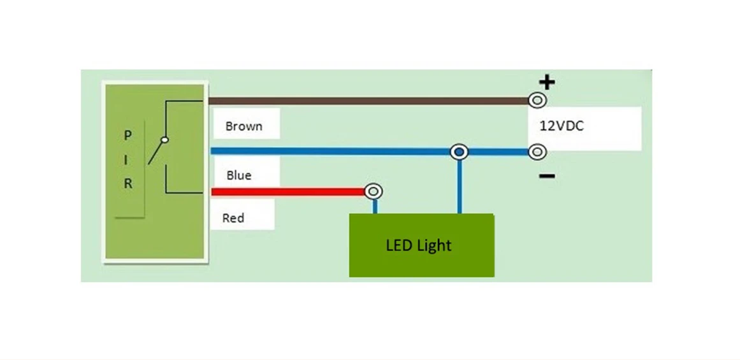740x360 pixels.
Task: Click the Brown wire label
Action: click(243, 126)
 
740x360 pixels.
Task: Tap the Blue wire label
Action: click(238, 175)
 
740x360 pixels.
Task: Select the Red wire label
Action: click(233, 218)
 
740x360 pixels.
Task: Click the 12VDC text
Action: click(562, 126)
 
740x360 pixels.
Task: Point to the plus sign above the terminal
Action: click(548, 82)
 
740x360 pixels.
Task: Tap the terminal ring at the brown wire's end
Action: click(538, 100)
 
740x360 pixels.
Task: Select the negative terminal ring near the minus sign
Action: click(538, 152)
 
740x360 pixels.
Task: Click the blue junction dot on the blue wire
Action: click(459, 152)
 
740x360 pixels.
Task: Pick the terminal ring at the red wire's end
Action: click(374, 191)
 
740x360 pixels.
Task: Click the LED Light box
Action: click(421, 245)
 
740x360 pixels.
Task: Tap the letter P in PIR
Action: click(127, 136)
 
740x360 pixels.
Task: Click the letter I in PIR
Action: click(127, 160)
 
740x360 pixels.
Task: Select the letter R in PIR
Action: click(127, 184)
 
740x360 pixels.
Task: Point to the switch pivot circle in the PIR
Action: click(164, 140)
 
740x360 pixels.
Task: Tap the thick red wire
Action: click(287, 192)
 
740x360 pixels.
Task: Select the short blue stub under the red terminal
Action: click(375, 206)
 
